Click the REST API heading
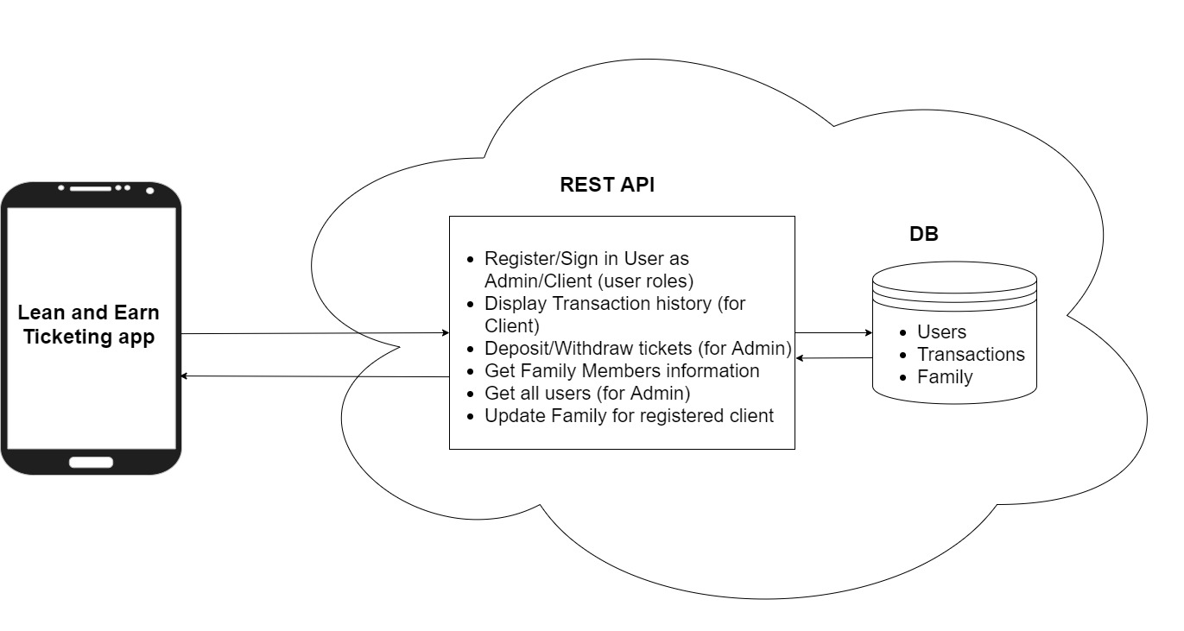click(x=607, y=185)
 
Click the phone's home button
click(x=91, y=462)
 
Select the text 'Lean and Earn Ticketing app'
click(x=89, y=325)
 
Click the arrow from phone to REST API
click(x=315, y=333)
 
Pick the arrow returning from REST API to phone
click(x=315, y=376)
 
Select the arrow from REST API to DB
click(x=833, y=332)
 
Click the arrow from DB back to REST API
click(x=833, y=357)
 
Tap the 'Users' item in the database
click(x=941, y=332)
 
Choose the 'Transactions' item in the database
click(x=971, y=355)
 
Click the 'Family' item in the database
click(x=945, y=377)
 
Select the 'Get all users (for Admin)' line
click(x=587, y=394)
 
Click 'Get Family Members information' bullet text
click(x=622, y=371)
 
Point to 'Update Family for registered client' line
click(x=628, y=416)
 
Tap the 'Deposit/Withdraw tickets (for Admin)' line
click(x=638, y=349)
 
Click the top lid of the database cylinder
click(x=953, y=279)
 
